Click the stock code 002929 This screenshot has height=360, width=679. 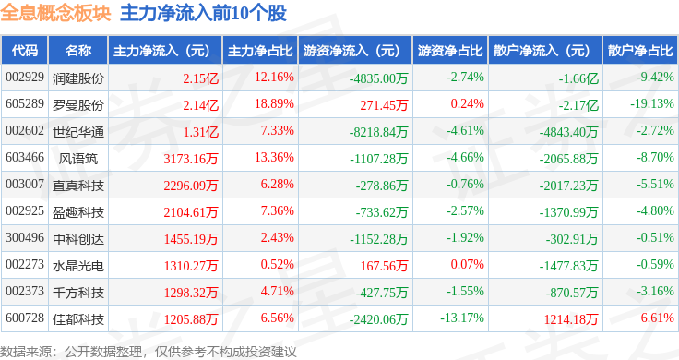pos(25,78)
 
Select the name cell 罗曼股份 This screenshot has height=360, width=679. pos(78,105)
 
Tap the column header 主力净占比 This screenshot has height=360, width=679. pos(260,51)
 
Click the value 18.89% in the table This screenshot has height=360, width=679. pos(274,104)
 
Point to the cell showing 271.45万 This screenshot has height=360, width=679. pos(384,105)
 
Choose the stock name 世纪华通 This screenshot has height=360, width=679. pos(78,132)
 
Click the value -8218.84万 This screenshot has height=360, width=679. pos(379,132)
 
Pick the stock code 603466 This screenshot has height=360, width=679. pos(25,157)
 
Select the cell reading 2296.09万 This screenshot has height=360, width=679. pos(191,186)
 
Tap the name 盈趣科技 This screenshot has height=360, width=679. pos(78,212)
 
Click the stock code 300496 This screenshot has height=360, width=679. pos(25,238)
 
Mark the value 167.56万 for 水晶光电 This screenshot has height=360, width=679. pos(384,266)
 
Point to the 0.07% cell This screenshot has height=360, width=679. pos(467,264)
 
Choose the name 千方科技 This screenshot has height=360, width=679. pos(78,293)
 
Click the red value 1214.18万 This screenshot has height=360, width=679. pos(571,319)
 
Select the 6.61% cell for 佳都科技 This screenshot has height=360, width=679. pos(658,318)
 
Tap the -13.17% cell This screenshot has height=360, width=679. pos(462,318)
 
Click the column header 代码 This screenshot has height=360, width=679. pos(25,51)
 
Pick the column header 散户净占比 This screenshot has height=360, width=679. pos(640,51)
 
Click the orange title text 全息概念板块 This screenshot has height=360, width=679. pos(56,13)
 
